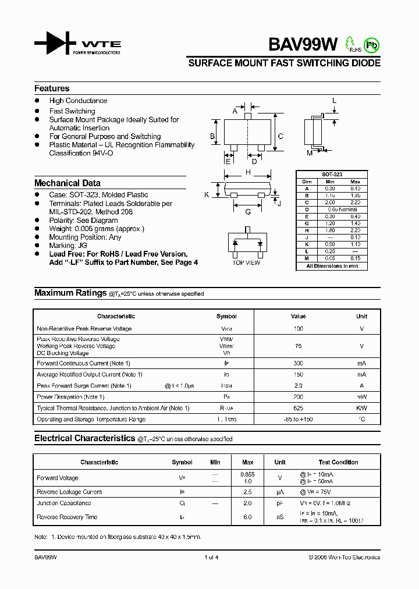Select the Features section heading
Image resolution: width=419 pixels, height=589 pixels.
[52, 88]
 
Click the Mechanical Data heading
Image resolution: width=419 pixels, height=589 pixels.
[68, 183]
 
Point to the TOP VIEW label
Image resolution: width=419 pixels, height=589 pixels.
[247, 263]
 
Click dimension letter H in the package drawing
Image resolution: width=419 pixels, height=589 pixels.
[248, 172]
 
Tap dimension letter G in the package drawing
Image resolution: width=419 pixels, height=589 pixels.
[248, 212]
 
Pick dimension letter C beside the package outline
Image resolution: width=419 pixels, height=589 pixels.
[280, 137]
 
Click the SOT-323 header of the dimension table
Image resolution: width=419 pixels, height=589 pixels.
[332, 174]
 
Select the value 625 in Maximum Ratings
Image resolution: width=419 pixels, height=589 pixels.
[298, 408]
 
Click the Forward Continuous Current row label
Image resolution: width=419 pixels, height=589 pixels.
[83, 363]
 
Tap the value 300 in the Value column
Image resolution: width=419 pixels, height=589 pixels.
[298, 363]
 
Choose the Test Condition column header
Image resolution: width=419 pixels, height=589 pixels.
[339, 462]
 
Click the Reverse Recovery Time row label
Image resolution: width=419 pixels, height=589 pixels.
[67, 517]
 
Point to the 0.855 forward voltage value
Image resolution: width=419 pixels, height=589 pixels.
[248, 474]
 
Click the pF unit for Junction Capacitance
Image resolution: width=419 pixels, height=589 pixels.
[280, 503]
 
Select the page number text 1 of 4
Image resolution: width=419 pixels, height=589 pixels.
[211, 557]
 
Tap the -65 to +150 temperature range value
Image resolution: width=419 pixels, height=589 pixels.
[298, 419]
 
